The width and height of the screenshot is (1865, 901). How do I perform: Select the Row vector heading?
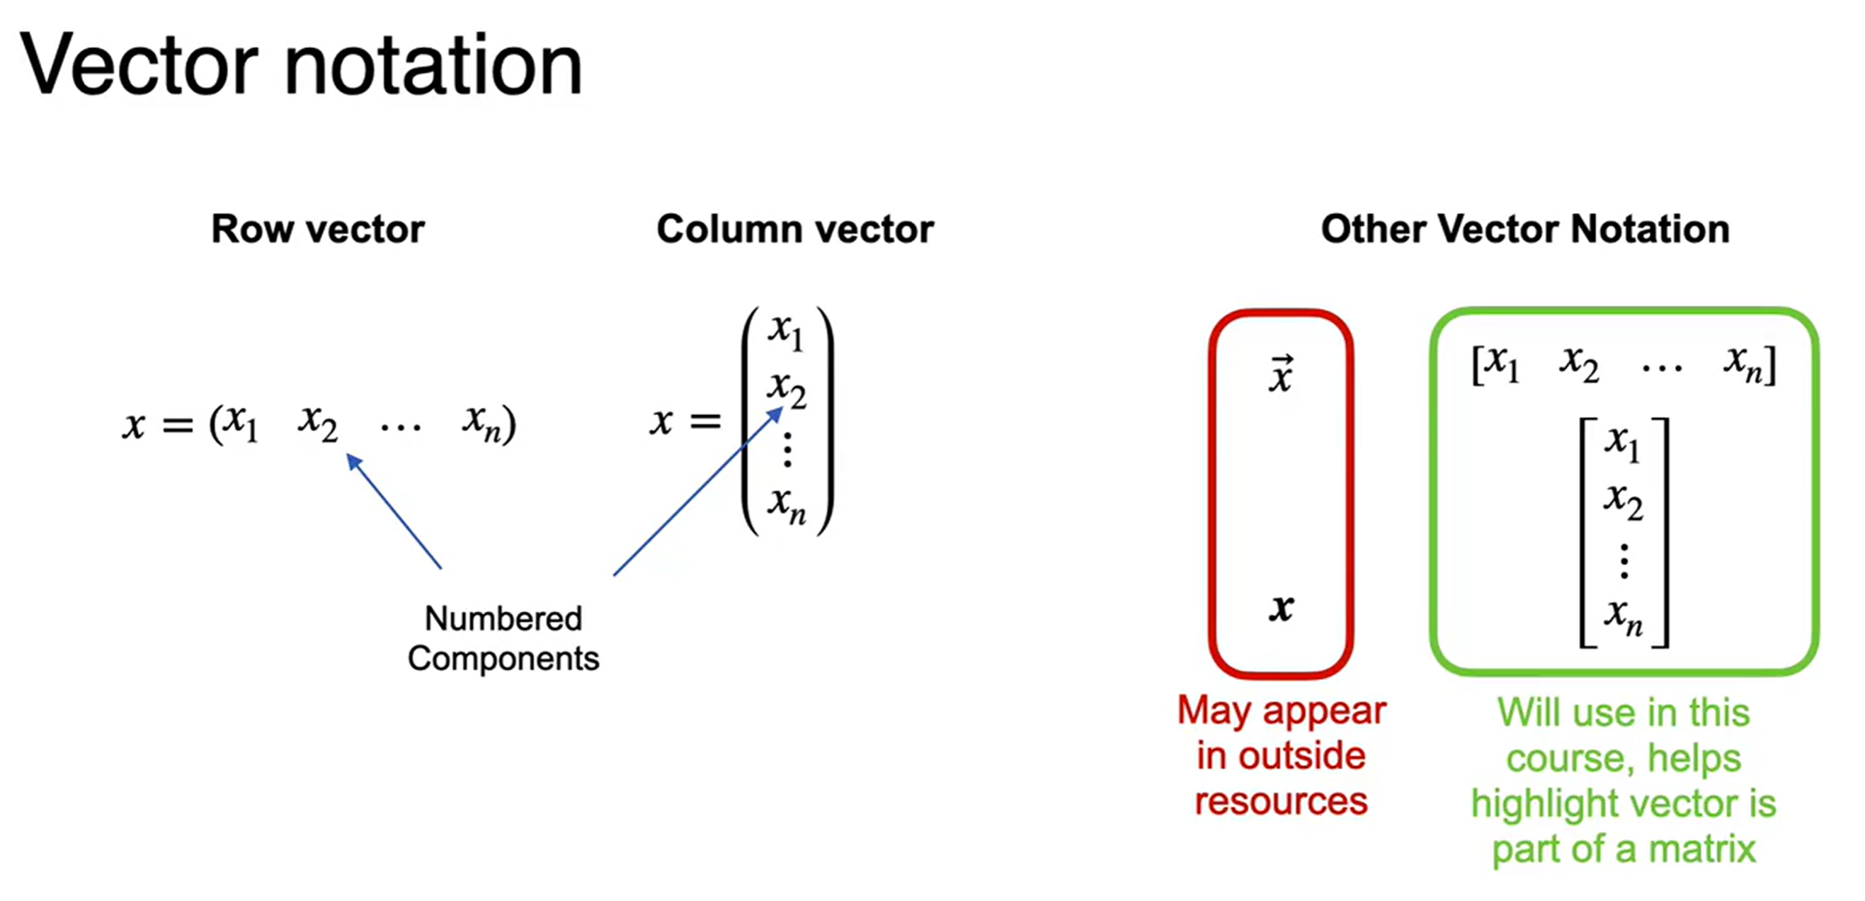tap(317, 229)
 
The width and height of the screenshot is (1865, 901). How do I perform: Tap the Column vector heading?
tap(794, 229)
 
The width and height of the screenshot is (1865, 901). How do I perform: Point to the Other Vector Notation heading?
tap(1524, 229)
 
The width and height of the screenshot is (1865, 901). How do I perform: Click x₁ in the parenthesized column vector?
tap(786, 331)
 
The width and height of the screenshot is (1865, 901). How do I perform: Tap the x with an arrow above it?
tap(1280, 375)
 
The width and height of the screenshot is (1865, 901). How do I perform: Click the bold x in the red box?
tap(1281, 608)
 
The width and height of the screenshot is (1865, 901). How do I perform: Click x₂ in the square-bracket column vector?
tap(1623, 501)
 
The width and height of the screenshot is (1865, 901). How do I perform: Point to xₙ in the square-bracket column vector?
tap(1623, 617)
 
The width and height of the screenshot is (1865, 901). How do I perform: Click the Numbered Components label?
tap(503, 638)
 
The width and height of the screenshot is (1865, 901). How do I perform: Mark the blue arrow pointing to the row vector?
tap(394, 511)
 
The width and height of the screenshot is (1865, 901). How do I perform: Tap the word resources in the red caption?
tap(1281, 802)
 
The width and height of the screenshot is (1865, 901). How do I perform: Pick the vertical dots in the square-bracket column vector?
tap(1624, 561)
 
